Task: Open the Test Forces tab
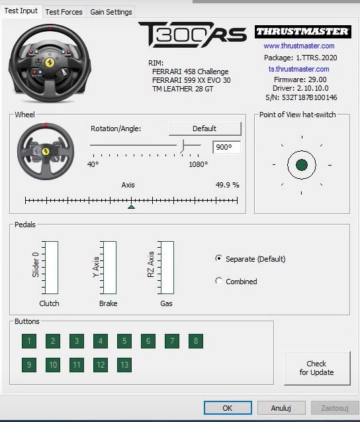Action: (65, 12)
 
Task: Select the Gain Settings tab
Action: (111, 12)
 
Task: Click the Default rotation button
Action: (205, 130)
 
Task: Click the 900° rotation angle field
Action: (227, 147)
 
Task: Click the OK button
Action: (228, 408)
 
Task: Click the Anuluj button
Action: (281, 408)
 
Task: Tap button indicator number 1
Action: (30, 341)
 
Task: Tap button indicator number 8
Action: (197, 341)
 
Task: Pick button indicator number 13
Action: (125, 365)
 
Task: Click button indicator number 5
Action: (125, 341)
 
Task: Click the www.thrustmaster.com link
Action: (299, 46)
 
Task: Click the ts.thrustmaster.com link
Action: (299, 69)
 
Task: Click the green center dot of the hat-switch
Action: (299, 163)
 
